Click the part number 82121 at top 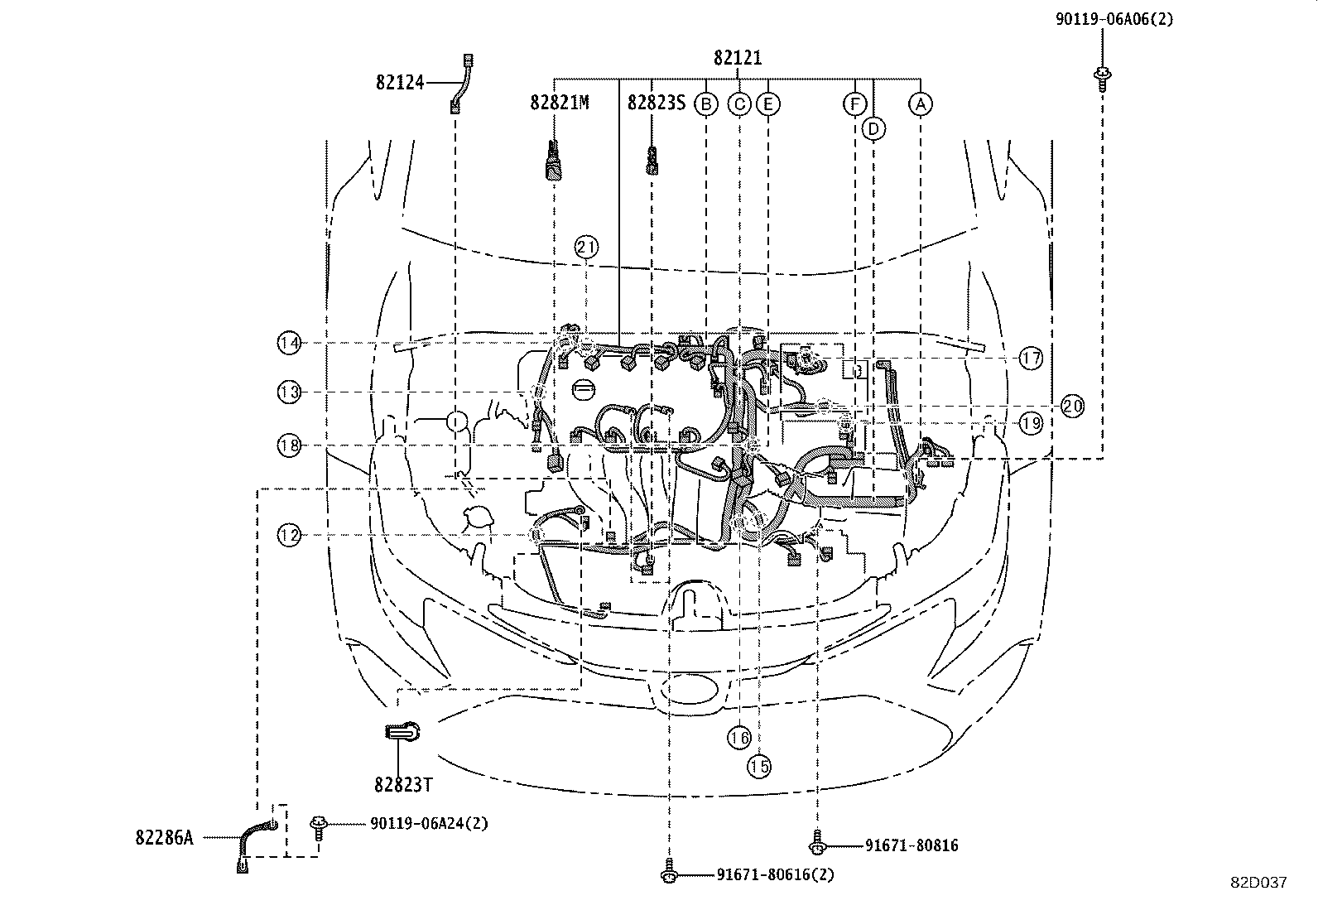pos(738,58)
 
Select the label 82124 pos(400,82)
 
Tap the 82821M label pos(560,103)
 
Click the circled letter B pos(705,104)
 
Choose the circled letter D pos(873,128)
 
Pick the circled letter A pos(920,104)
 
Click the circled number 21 pos(586,247)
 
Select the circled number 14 pos(289,343)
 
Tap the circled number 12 pos(289,536)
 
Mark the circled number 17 pos(1030,359)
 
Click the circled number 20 pos(1072,407)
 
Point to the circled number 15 pos(759,767)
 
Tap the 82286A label pos(164,838)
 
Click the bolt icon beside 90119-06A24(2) pos(318,824)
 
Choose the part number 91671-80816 pos(912,845)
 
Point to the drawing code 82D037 pos(1258,883)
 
